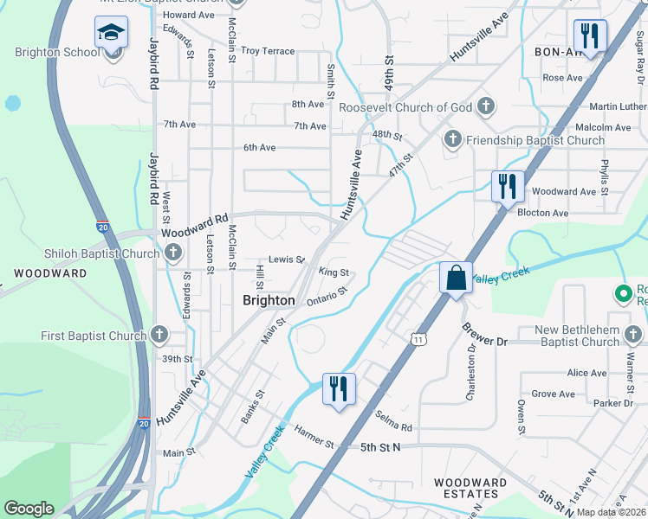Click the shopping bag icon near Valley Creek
(456, 279)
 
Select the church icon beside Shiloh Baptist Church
(172, 253)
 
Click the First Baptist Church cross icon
(159, 335)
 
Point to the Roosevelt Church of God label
(405, 107)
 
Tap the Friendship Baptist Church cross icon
(451, 139)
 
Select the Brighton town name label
(268, 300)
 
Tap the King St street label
(334, 272)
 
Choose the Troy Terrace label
(268, 51)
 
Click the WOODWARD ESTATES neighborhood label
(470, 489)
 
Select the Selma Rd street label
(394, 422)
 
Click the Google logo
(29, 509)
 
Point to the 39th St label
(176, 359)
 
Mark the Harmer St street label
(313, 437)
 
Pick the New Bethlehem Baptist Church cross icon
(633, 333)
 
